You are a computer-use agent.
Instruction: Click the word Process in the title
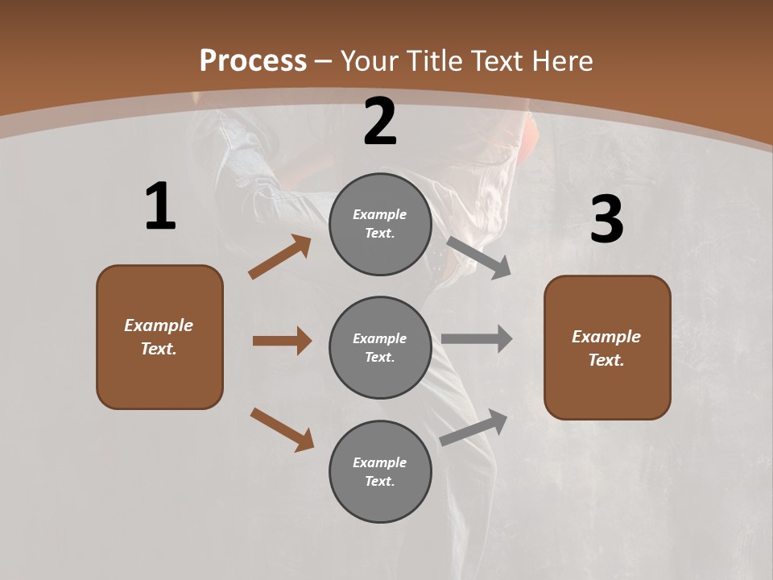[x=253, y=60]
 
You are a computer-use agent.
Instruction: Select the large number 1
[x=160, y=206]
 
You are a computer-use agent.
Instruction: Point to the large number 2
[x=380, y=122]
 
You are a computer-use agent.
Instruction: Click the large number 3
[x=606, y=219]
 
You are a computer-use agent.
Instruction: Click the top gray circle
[x=380, y=224]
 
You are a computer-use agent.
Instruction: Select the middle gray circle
[x=380, y=347]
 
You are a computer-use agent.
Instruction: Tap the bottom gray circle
[x=380, y=471]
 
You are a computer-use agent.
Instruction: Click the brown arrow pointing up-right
[x=280, y=257]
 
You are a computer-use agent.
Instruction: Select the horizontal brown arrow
[x=282, y=341]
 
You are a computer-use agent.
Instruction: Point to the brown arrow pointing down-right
[x=282, y=429]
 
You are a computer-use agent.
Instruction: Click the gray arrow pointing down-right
[x=478, y=257]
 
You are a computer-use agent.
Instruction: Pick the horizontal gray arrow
[x=477, y=338]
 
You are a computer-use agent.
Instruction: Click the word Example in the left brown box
[x=159, y=325]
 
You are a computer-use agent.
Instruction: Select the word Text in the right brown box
[x=605, y=360]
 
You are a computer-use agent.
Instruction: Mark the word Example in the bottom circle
[x=380, y=462]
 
